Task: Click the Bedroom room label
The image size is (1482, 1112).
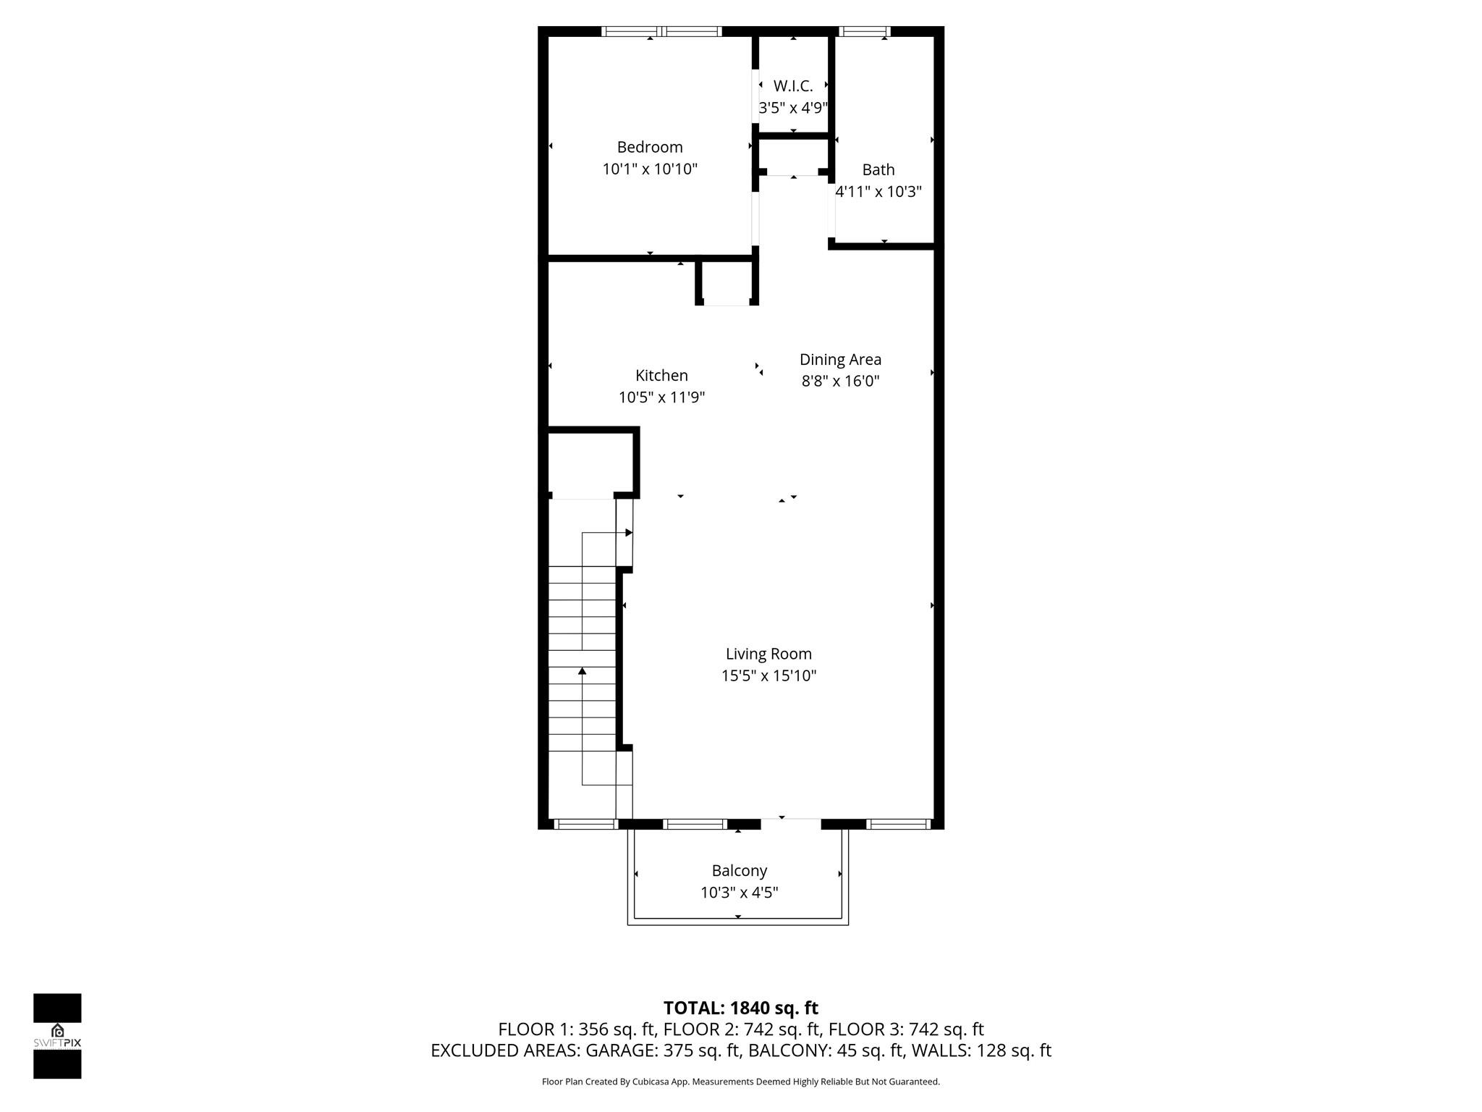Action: point(649,147)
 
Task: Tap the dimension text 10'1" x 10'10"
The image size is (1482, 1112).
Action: point(649,169)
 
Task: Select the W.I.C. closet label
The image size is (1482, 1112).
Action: point(792,86)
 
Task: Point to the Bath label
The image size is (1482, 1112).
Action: point(878,169)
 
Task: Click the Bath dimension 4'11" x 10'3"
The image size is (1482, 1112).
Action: point(878,192)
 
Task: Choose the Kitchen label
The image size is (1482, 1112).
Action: point(661,375)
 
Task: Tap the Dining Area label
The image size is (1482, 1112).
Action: point(839,359)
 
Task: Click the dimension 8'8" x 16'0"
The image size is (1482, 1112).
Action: point(839,381)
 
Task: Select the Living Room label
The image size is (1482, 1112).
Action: point(768,654)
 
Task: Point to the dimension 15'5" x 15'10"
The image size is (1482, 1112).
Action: point(768,676)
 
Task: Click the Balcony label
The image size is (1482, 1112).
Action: point(739,870)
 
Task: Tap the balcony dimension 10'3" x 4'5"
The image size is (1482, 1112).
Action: point(739,893)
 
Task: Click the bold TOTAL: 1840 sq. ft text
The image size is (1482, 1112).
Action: point(740,1008)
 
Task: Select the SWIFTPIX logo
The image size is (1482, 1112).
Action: point(57,1036)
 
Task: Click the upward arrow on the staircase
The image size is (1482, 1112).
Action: point(582,671)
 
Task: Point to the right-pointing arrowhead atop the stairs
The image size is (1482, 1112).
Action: point(629,533)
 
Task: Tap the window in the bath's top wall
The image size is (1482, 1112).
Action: point(864,31)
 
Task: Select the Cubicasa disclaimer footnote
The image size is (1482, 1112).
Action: point(740,1082)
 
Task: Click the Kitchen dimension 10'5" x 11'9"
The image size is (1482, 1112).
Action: point(661,397)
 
